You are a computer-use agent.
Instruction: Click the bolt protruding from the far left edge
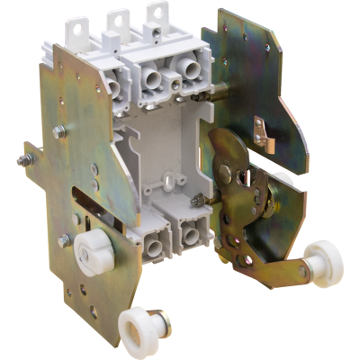20,162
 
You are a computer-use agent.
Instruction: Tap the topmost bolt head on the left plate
59,131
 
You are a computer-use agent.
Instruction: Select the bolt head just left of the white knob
65,239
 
